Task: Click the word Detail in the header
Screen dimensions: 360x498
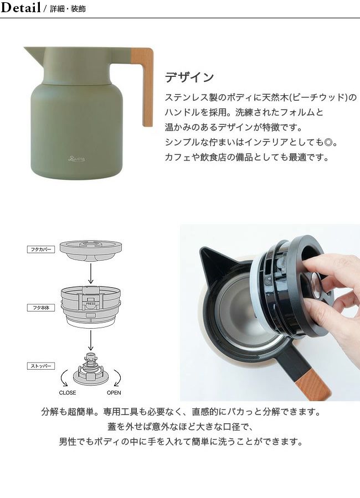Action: tap(20, 7)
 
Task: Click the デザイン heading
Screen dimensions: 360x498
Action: tap(189, 77)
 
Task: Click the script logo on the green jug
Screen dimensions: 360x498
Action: tap(76, 158)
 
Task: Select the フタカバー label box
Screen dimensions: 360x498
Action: tap(40, 250)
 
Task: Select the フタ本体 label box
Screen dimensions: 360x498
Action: tap(40, 308)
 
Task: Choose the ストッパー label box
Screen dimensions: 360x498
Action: tap(40, 366)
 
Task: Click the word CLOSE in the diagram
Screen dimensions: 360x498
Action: tap(68, 392)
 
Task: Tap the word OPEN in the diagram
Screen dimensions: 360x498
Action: tap(114, 392)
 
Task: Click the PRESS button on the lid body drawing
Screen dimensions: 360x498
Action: tap(91, 303)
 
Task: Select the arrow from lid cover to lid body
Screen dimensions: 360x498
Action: tap(91, 273)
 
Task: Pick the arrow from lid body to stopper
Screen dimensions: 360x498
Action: tap(91, 340)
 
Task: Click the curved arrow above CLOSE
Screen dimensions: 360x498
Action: tap(63, 377)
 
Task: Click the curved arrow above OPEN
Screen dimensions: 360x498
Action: tap(119, 377)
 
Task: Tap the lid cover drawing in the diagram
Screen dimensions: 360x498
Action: tap(91, 250)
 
